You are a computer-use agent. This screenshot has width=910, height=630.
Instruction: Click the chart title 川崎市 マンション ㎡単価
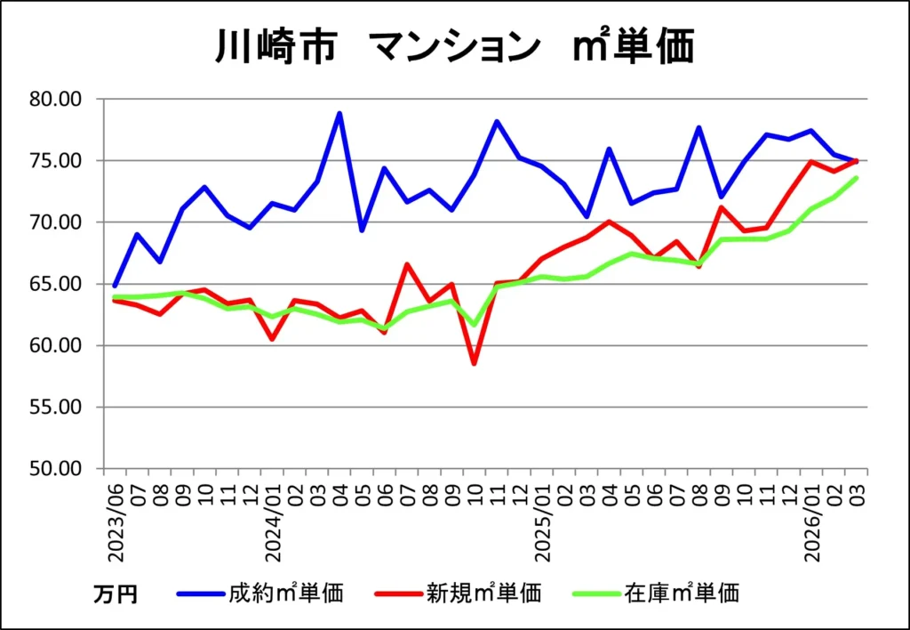pos(454,45)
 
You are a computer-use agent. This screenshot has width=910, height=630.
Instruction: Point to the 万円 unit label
pos(116,594)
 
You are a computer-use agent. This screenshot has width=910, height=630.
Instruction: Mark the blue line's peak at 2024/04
pos(339,113)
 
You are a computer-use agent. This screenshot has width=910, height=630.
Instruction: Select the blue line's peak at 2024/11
pos(497,121)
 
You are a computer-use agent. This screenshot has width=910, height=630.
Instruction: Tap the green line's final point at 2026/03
pos(857,178)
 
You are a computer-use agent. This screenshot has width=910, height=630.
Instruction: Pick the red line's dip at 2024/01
pos(272,339)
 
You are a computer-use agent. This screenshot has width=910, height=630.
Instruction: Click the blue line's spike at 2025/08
pos(699,127)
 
